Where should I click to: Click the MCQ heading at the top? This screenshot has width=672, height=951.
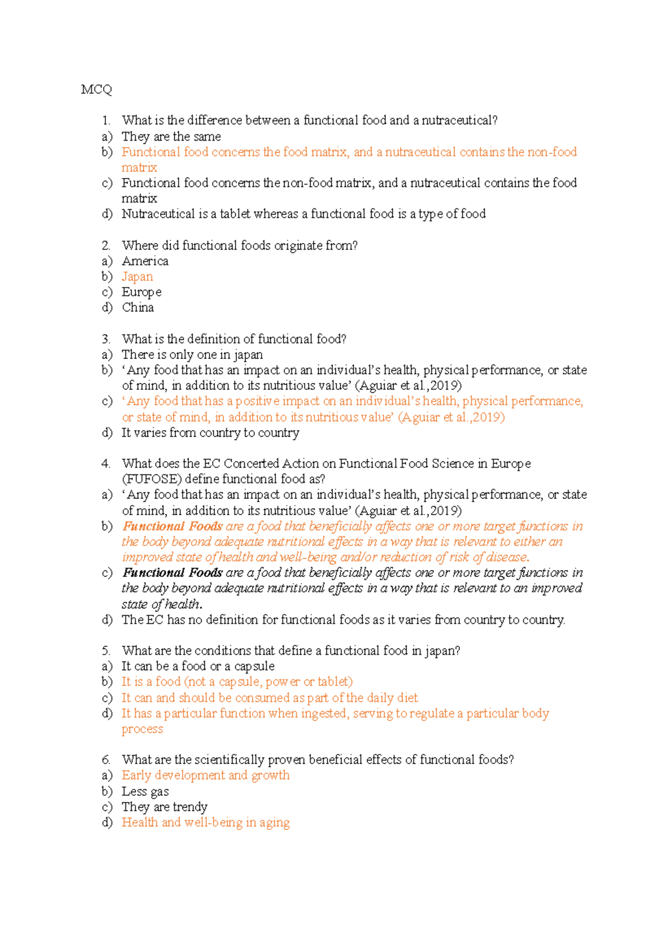(96, 90)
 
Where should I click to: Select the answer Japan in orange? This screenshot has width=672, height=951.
(137, 277)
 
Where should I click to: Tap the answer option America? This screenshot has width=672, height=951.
(145, 261)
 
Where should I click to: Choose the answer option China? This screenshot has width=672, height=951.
(138, 307)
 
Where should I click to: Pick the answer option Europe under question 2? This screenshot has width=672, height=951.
(142, 292)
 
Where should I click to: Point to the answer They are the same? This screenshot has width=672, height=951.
(171, 137)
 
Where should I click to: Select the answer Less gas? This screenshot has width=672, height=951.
(145, 791)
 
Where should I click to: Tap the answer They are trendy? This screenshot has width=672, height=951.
(164, 807)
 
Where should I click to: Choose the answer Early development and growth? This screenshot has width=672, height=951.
(206, 776)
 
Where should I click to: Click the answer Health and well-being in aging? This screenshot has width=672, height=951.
(206, 823)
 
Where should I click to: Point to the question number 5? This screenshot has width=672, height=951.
(106, 651)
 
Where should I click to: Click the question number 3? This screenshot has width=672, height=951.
(106, 339)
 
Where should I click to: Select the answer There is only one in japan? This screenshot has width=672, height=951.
(192, 355)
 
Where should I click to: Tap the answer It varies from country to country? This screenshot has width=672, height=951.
(210, 433)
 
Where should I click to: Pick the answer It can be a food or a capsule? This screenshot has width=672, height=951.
(198, 666)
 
